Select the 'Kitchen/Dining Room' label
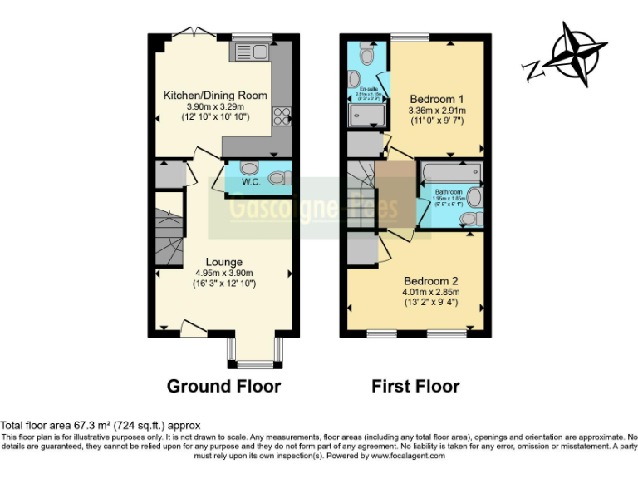(x=215, y=96)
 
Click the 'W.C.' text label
(x=252, y=181)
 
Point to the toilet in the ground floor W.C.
(x=280, y=177)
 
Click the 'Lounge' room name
(x=223, y=262)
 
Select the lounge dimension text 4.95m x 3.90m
(x=223, y=273)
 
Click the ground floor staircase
(x=169, y=237)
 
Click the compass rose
(x=572, y=54)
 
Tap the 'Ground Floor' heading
(x=223, y=386)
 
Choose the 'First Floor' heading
(x=415, y=386)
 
